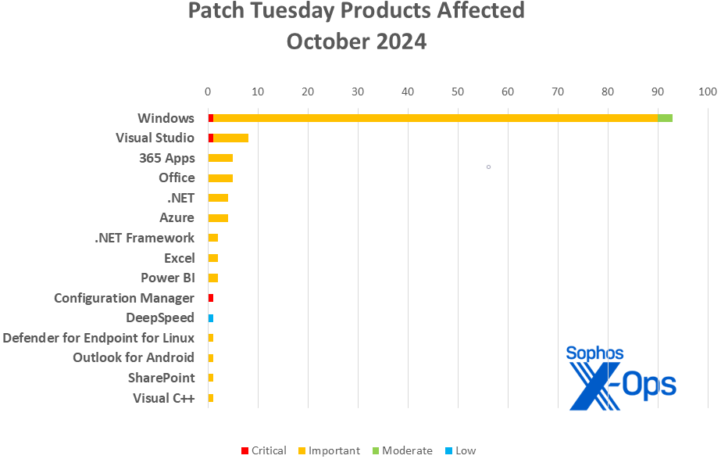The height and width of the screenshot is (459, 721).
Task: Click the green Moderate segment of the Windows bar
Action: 665,118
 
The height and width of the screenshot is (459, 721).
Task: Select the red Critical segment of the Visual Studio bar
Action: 211,138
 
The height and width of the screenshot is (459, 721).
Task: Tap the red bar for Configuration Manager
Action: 211,298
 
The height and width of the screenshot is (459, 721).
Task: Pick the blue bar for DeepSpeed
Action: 211,318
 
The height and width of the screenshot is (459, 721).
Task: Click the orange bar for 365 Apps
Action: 220,158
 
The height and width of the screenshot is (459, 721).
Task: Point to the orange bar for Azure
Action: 218,218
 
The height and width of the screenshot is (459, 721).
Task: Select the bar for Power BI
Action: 213,278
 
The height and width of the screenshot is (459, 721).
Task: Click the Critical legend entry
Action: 264,450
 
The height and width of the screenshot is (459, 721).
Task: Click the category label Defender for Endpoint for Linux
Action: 98,338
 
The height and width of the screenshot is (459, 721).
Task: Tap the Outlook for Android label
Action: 134,357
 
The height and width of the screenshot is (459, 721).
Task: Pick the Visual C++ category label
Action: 164,398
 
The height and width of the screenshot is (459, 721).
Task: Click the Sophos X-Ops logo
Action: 621,377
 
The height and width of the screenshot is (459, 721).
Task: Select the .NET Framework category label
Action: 145,238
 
